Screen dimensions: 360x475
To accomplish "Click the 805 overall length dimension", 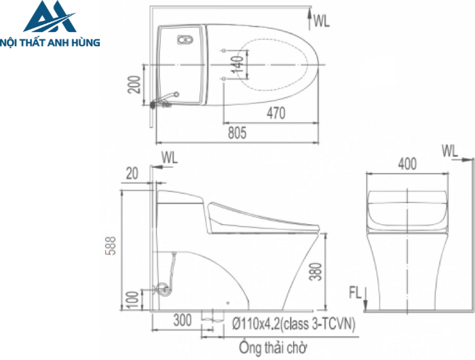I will point(236,134).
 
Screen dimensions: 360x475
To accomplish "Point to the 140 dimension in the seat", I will point(237,65).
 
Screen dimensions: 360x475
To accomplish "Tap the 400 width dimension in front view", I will point(407,164).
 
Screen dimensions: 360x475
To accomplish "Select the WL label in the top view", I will point(322,21).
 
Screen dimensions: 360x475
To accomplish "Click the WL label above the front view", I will point(449,149).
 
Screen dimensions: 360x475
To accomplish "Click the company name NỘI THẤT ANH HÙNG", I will point(51,42).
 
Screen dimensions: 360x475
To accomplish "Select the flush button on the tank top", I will point(183,40).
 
